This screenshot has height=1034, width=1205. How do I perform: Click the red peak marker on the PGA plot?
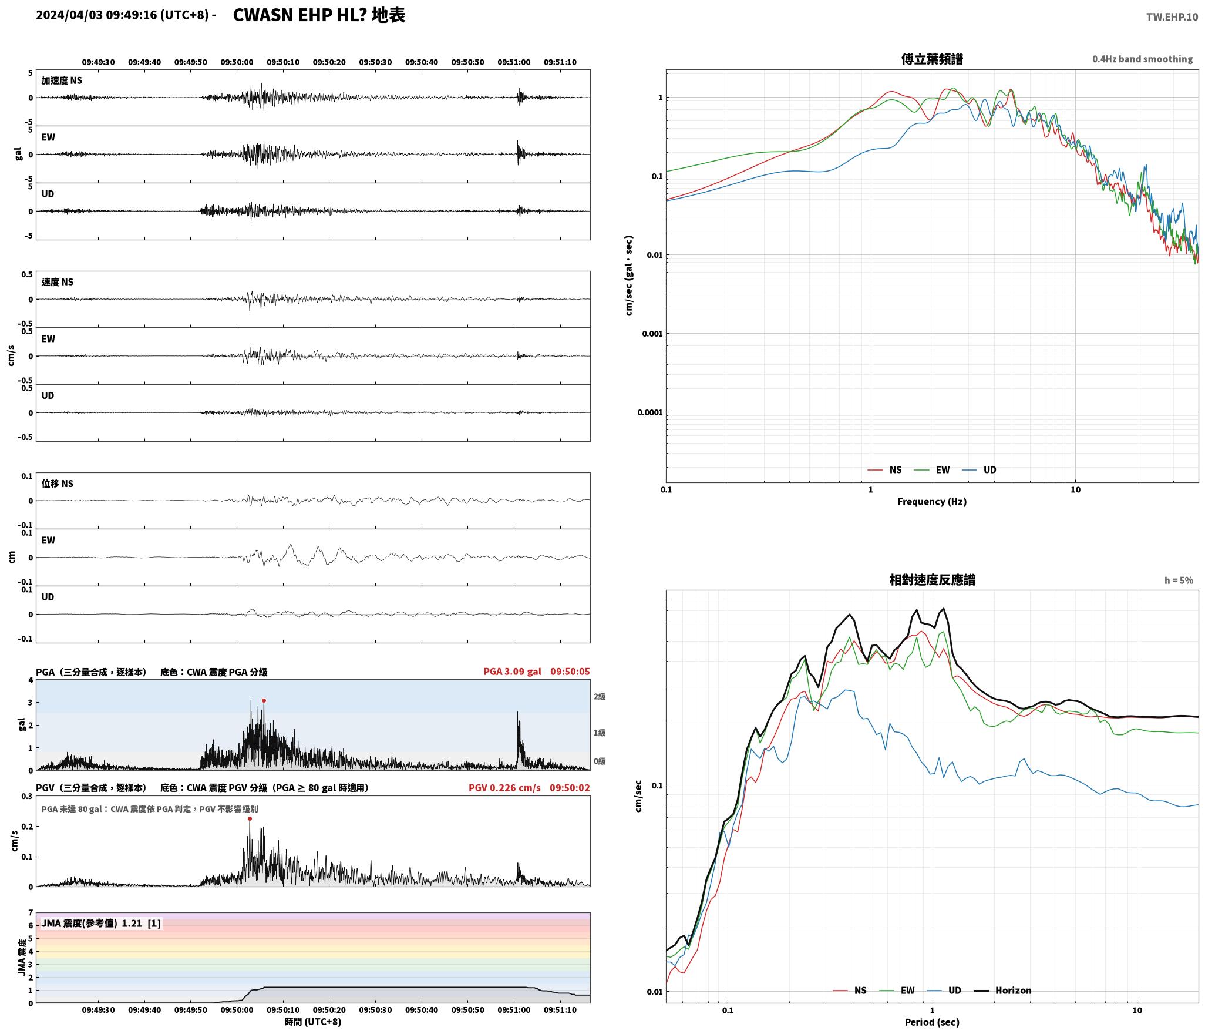(264, 700)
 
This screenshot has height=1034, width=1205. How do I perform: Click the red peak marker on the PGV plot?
(250, 818)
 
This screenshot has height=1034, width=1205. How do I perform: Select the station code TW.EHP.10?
(1172, 17)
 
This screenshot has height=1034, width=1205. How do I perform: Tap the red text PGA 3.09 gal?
(512, 671)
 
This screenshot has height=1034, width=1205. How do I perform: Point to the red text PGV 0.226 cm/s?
(504, 787)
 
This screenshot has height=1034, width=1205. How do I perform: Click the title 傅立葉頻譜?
(932, 59)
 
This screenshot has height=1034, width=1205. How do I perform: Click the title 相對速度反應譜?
(932, 580)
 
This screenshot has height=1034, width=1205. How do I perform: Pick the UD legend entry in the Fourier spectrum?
(979, 469)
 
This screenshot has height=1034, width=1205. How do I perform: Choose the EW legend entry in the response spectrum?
(897, 990)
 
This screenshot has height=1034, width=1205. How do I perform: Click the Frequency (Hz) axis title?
(932, 501)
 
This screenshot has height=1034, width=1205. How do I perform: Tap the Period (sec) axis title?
(932, 1022)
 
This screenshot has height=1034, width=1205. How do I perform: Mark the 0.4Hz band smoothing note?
(1142, 59)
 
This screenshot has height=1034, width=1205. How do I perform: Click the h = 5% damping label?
(1179, 580)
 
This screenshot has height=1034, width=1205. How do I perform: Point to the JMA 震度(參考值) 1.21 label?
(100, 923)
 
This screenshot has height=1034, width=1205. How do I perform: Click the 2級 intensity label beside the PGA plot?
(599, 696)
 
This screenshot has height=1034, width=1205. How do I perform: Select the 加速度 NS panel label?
(62, 80)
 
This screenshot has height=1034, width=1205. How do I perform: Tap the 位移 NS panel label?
(57, 484)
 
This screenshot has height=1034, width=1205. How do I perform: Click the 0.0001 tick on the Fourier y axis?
(649, 412)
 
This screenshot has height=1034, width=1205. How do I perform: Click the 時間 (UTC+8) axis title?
(312, 1021)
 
